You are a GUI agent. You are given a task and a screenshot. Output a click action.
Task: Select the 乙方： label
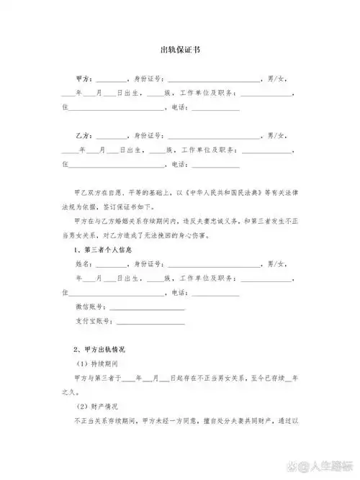click(83, 136)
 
